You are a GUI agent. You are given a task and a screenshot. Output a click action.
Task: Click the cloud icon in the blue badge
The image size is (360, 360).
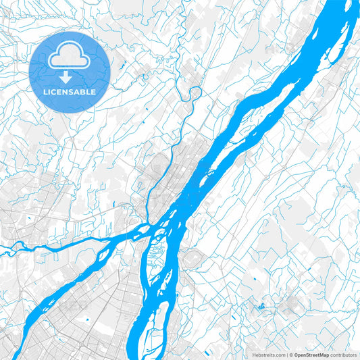[x=70, y=57]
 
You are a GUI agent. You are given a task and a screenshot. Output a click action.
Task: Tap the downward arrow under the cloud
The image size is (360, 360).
[x=70, y=76]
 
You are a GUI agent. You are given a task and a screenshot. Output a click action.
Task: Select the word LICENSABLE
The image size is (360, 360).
[x=70, y=91]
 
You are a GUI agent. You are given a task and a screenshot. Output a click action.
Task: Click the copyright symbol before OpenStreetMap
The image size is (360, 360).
[x=291, y=355]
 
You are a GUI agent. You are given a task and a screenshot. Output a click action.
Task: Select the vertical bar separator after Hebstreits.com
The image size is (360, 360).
[x=286, y=355]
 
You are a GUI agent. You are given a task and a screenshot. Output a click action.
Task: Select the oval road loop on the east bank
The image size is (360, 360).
[x=190, y=257]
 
